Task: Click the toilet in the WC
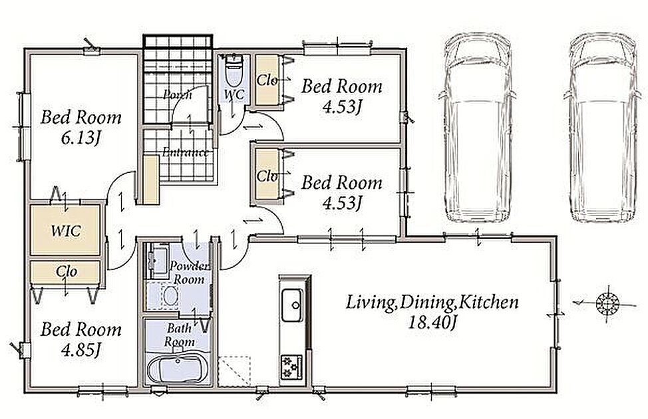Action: (234, 70)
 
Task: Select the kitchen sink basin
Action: (292, 305)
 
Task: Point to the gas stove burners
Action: (292, 366)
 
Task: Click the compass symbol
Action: (607, 304)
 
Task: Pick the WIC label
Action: (66, 231)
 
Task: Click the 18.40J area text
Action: (432, 322)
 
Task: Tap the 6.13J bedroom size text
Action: (81, 138)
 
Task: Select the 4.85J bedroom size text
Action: (81, 350)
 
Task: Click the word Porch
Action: (178, 95)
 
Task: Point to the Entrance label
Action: (185, 152)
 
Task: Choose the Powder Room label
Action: (189, 273)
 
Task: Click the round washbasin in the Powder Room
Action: (170, 296)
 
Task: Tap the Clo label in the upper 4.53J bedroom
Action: (267, 80)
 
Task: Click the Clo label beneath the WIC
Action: (67, 271)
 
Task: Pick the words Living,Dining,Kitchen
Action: (432, 302)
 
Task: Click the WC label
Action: (234, 94)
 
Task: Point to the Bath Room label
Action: (180, 335)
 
